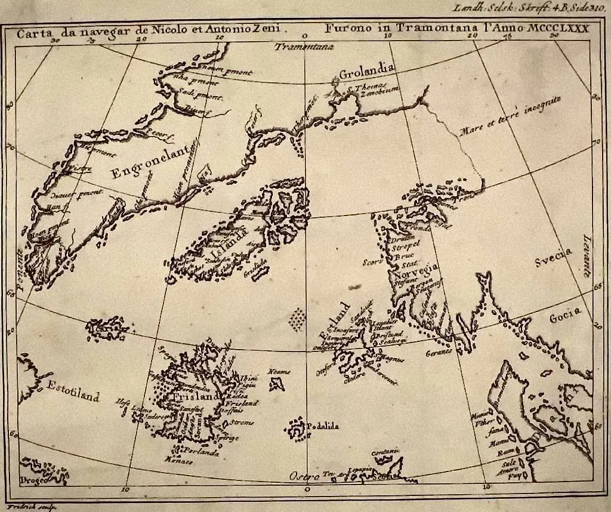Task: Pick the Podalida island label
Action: pyautogui.click(x=322, y=426)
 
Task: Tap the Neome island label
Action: pyautogui.click(x=277, y=372)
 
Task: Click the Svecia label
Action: pyautogui.click(x=552, y=258)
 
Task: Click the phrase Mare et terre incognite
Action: pyautogui.click(x=510, y=116)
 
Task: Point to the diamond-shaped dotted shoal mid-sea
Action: pyautogui.click(x=297, y=319)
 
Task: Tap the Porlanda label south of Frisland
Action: pyautogui.click(x=201, y=452)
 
